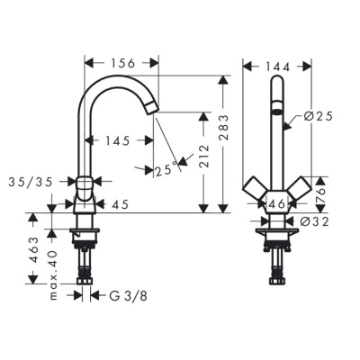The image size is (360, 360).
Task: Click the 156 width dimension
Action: click(121, 63)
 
